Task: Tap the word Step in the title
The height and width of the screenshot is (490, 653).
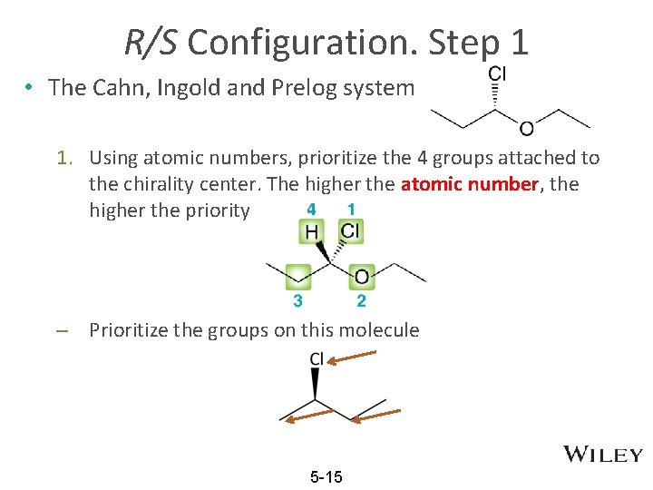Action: [463, 42]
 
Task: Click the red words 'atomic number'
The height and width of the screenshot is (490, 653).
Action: [470, 184]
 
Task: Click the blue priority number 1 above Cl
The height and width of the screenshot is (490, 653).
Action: [351, 210]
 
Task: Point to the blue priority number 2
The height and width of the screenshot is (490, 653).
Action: [362, 300]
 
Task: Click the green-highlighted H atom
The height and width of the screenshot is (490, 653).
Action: [312, 233]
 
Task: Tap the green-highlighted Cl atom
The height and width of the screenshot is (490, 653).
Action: [350, 232]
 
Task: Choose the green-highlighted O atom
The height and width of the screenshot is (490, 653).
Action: [362, 276]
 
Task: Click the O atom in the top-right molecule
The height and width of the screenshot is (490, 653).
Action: [527, 129]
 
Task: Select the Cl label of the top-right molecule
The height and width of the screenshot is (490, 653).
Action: [497, 73]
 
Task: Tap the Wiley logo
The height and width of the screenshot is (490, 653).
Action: [603, 455]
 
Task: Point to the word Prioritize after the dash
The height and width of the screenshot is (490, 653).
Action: [134, 329]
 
